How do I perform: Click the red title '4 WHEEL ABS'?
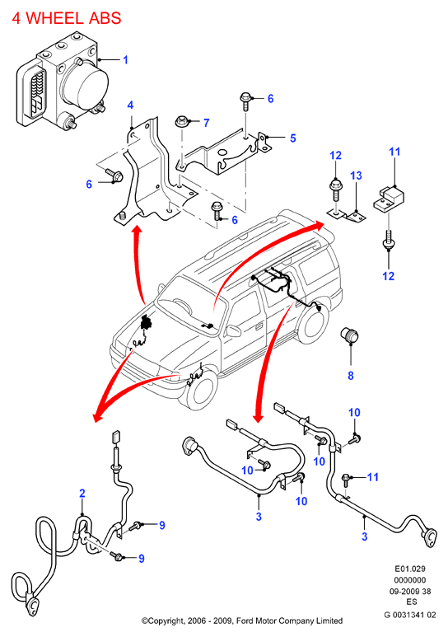(x=67, y=18)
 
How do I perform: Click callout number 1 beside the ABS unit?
(x=125, y=60)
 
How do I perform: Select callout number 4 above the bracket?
(x=130, y=105)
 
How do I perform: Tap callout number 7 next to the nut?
(x=207, y=123)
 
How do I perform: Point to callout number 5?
(x=293, y=138)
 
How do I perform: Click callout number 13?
(x=356, y=176)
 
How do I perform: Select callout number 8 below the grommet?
(x=351, y=376)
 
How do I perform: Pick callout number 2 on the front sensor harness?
(x=82, y=494)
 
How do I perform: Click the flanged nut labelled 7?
(x=182, y=121)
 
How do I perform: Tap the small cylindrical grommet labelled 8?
(x=349, y=335)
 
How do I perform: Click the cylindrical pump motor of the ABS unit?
(x=87, y=87)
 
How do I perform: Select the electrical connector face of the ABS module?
(x=35, y=93)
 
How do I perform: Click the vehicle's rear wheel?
(x=315, y=323)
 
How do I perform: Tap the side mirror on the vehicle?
(x=233, y=330)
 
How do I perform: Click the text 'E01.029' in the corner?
(x=410, y=569)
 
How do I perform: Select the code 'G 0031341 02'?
(x=410, y=615)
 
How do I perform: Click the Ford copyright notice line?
(x=241, y=621)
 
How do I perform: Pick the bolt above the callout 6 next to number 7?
(x=245, y=101)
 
